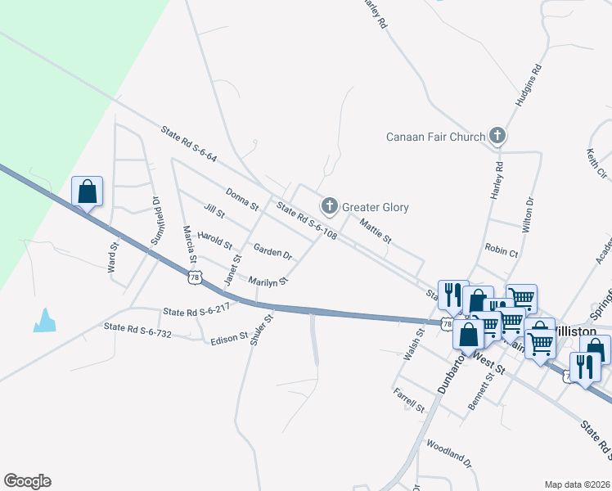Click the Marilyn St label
tap(268, 280)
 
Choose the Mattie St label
tap(376, 229)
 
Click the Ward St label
tap(113, 256)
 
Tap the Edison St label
tap(229, 337)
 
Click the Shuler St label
tap(261, 330)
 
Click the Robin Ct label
tap(502, 253)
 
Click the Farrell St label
tap(409, 401)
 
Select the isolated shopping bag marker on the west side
tap(87, 192)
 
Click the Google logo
tap(27, 481)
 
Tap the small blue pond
tap(45, 320)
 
